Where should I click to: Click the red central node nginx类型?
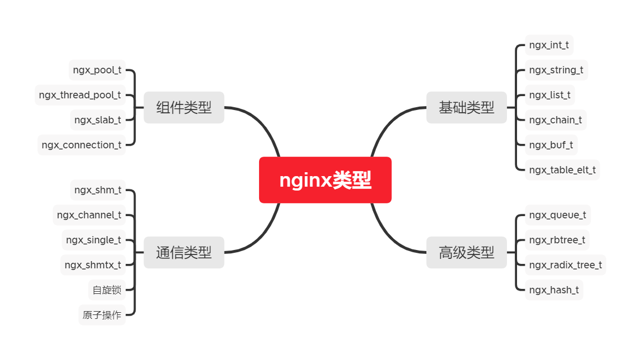[x=325, y=180]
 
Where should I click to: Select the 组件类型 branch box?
[x=183, y=107]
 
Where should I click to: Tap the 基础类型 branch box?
[x=466, y=107]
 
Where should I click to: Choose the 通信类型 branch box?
[x=183, y=252]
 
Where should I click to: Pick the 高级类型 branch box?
[x=466, y=252]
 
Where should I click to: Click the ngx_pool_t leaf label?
[x=97, y=71]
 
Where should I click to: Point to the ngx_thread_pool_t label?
[x=80, y=95]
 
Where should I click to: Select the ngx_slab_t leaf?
[x=98, y=119]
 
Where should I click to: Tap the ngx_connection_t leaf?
[x=81, y=145]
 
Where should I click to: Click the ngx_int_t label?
[x=549, y=45]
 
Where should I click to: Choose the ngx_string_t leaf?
[x=556, y=70]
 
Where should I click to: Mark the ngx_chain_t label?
[x=555, y=119]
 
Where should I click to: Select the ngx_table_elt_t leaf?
[x=562, y=169]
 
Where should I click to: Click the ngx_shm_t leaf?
[x=98, y=190]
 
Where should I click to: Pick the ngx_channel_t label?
[x=89, y=215]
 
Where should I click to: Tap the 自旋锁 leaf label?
[x=107, y=290]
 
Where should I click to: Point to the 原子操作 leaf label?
[x=102, y=315]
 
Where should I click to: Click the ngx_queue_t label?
[x=557, y=215]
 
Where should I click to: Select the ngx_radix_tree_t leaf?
[x=565, y=264]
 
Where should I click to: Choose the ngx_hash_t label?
[x=554, y=289]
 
